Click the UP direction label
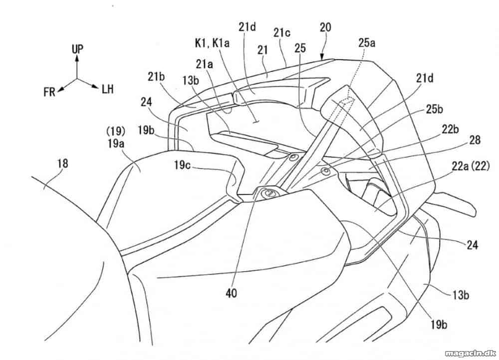77,49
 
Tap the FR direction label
49,92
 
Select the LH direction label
108,89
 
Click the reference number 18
63,164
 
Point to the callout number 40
232,293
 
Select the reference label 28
475,140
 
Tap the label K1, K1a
212,43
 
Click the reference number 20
325,27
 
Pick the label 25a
367,43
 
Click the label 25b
435,109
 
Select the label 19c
182,165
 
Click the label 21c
281,33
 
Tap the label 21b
156,77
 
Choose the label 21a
204,64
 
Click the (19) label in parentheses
116,131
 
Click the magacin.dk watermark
470,353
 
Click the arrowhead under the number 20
322,57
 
